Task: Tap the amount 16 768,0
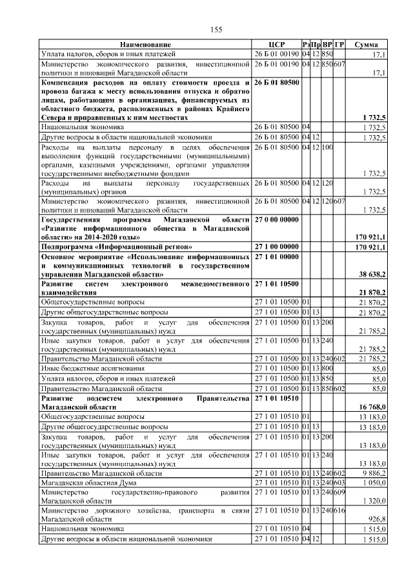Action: [x=372, y=408]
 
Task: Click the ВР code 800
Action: [x=327, y=368]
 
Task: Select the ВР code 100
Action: [x=327, y=147]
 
